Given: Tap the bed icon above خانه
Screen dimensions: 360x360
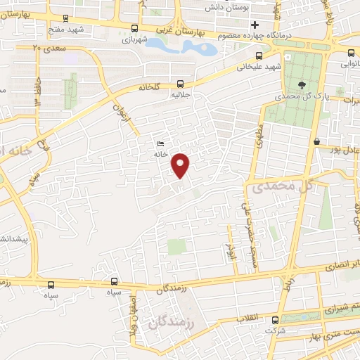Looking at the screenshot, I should [x=161, y=143].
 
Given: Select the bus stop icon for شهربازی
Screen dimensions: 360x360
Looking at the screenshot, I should [x=134, y=28].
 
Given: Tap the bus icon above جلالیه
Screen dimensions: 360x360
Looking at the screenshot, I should [x=181, y=81].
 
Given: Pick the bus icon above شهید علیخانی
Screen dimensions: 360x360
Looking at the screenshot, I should [x=259, y=56].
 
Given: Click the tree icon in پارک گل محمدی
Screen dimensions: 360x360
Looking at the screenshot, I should [x=302, y=84].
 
